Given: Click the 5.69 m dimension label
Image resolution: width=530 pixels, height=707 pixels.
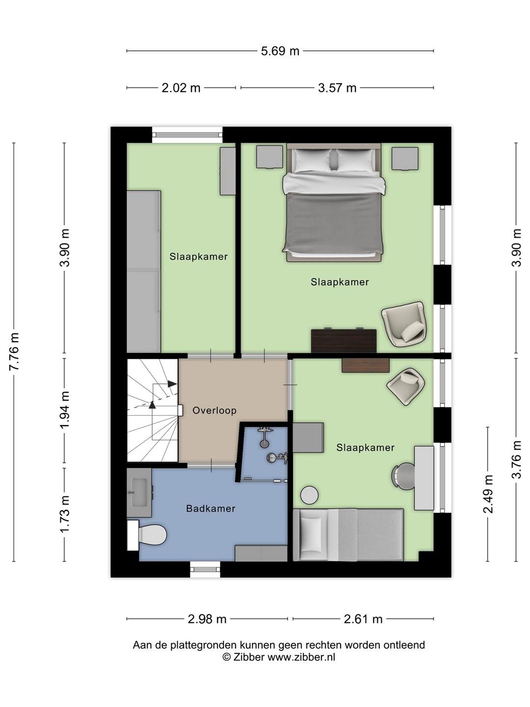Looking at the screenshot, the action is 280,51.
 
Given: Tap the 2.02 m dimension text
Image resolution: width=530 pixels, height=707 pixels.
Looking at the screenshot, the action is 181,88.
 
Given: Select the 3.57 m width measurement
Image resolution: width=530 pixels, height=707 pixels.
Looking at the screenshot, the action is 337,88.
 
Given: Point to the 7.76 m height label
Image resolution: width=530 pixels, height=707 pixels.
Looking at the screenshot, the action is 14,352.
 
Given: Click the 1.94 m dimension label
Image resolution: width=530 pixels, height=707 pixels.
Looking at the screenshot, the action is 65,410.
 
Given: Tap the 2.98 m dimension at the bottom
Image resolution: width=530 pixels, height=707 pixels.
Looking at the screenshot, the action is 207,619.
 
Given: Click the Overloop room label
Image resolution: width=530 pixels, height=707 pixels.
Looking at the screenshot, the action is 214,410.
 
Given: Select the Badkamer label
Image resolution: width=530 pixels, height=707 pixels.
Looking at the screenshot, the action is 211,509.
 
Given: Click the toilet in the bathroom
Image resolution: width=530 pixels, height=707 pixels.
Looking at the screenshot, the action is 149,535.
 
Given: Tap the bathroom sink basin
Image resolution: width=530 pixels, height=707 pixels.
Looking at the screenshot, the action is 140,492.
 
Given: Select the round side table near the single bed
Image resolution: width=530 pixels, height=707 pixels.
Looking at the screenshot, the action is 310,495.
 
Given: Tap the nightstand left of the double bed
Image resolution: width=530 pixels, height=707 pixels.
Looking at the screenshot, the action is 270,157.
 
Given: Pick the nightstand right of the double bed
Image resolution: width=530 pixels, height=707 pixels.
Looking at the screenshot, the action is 405,159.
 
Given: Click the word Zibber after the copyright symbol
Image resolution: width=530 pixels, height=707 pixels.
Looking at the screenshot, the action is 249,657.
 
